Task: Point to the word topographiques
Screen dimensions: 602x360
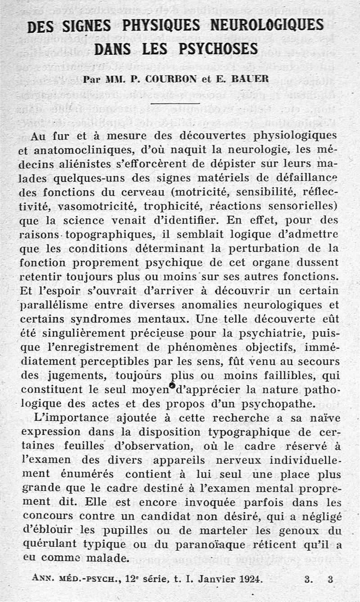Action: click(105, 234)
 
